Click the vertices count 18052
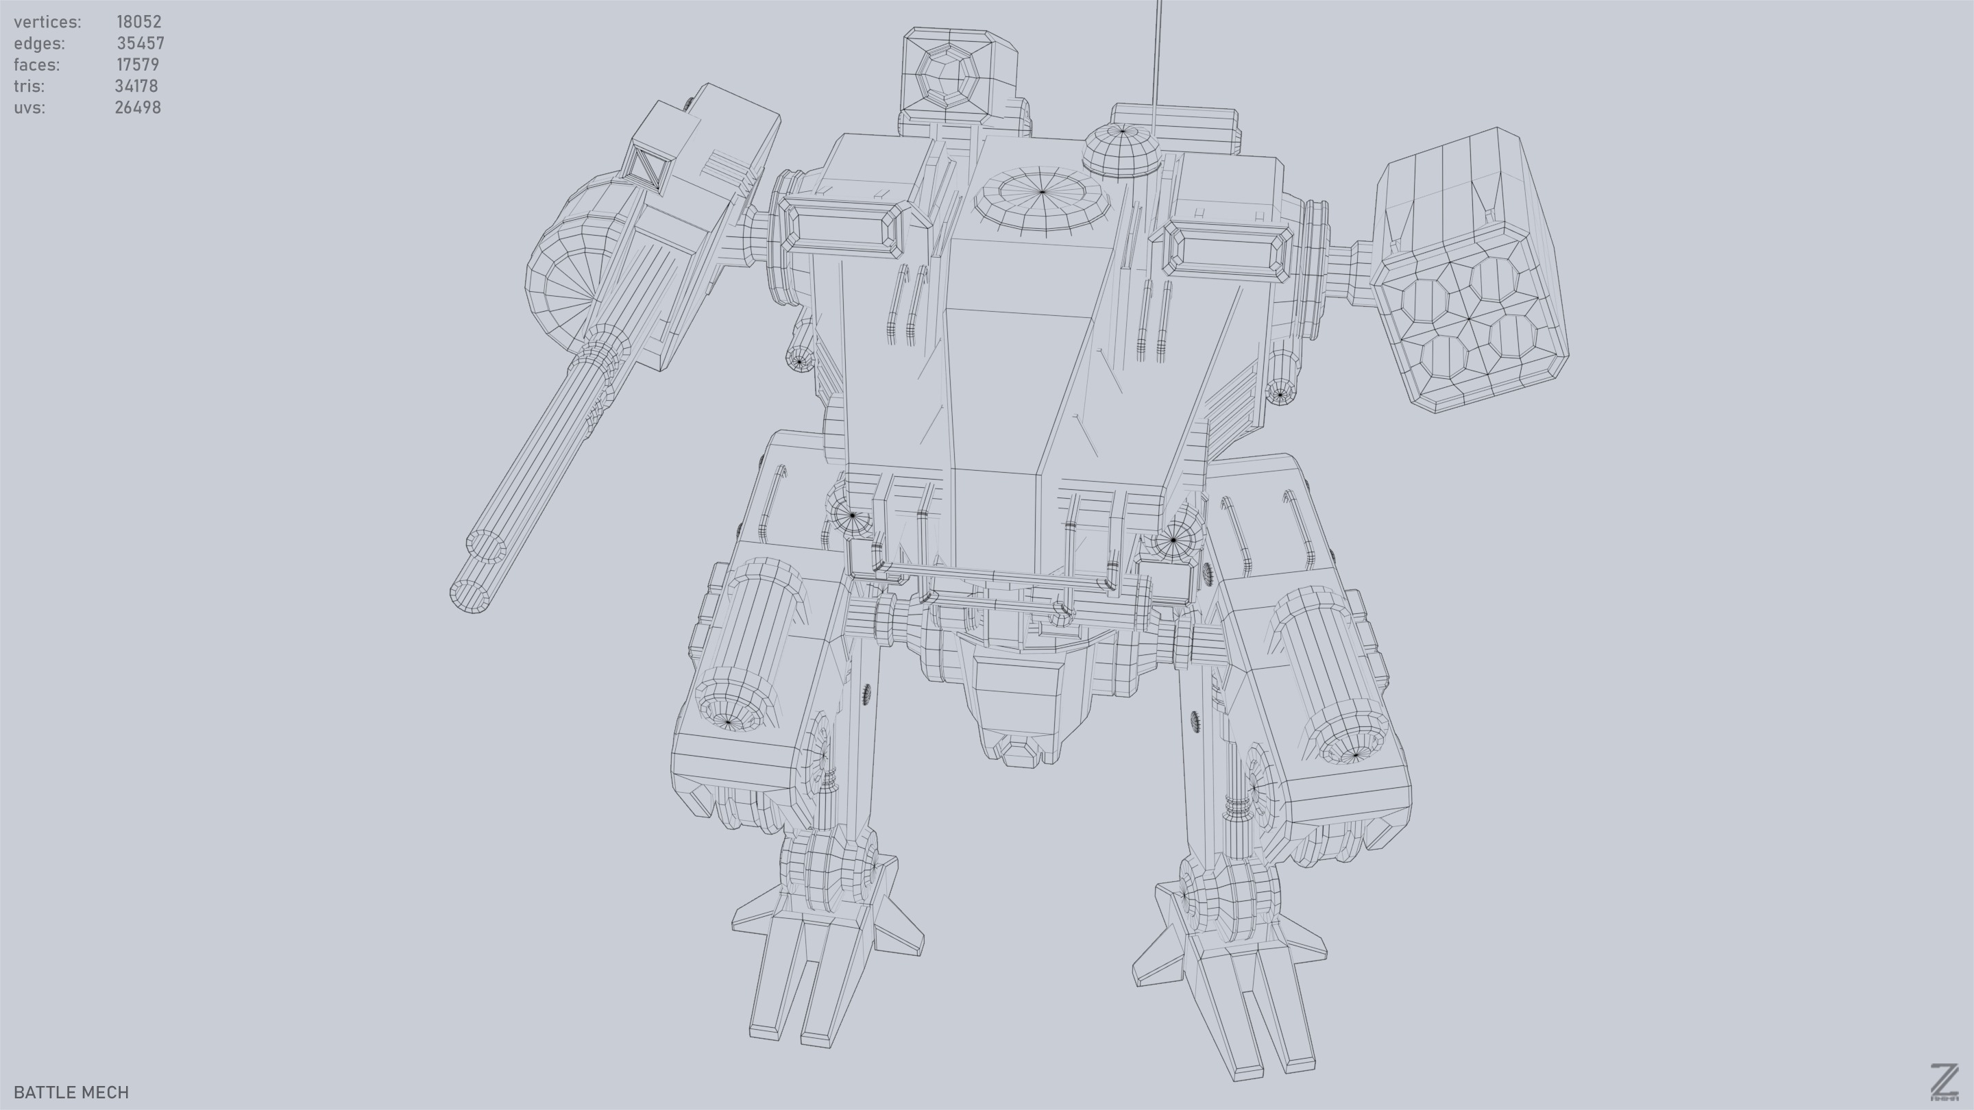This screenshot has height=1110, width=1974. (x=138, y=21)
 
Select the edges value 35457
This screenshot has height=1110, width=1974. (x=141, y=43)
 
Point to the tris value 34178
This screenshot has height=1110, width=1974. (x=136, y=86)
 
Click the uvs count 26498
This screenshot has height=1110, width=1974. (x=138, y=108)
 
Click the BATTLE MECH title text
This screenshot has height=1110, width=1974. (x=71, y=1092)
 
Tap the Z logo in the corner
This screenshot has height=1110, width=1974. (x=1943, y=1083)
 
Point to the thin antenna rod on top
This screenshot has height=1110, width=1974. (x=1156, y=61)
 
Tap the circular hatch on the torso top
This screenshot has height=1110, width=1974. (x=1042, y=197)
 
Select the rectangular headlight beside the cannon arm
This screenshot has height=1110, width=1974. (x=845, y=228)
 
